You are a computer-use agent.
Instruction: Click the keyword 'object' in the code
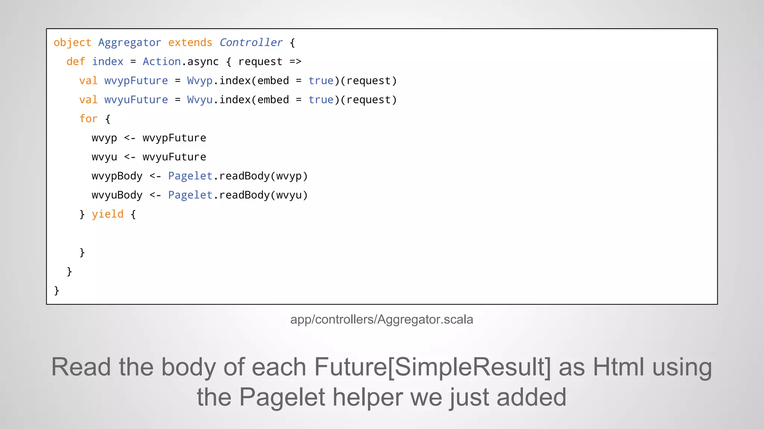click(72, 43)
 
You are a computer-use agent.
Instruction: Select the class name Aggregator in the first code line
click(129, 43)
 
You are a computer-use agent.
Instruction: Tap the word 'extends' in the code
click(190, 43)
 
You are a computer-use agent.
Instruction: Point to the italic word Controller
click(251, 43)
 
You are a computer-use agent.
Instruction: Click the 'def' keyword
click(76, 62)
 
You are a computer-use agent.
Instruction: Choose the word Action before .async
click(162, 62)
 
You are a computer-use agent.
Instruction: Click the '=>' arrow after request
click(295, 62)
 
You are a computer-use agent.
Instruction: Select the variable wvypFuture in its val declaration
click(136, 81)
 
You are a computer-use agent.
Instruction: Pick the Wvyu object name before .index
click(200, 100)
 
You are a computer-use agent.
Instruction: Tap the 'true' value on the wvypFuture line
click(321, 81)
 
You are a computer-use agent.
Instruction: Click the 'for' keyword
click(88, 119)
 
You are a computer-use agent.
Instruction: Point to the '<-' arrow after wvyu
click(130, 157)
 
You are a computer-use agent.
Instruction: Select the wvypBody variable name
click(117, 176)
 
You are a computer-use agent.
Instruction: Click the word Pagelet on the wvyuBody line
click(190, 195)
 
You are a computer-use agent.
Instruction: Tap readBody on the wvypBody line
click(244, 176)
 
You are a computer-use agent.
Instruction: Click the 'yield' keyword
click(107, 214)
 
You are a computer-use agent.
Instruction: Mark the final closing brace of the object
click(57, 290)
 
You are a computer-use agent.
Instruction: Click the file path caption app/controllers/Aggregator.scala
click(382, 320)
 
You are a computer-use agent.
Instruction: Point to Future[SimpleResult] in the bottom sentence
click(432, 367)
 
